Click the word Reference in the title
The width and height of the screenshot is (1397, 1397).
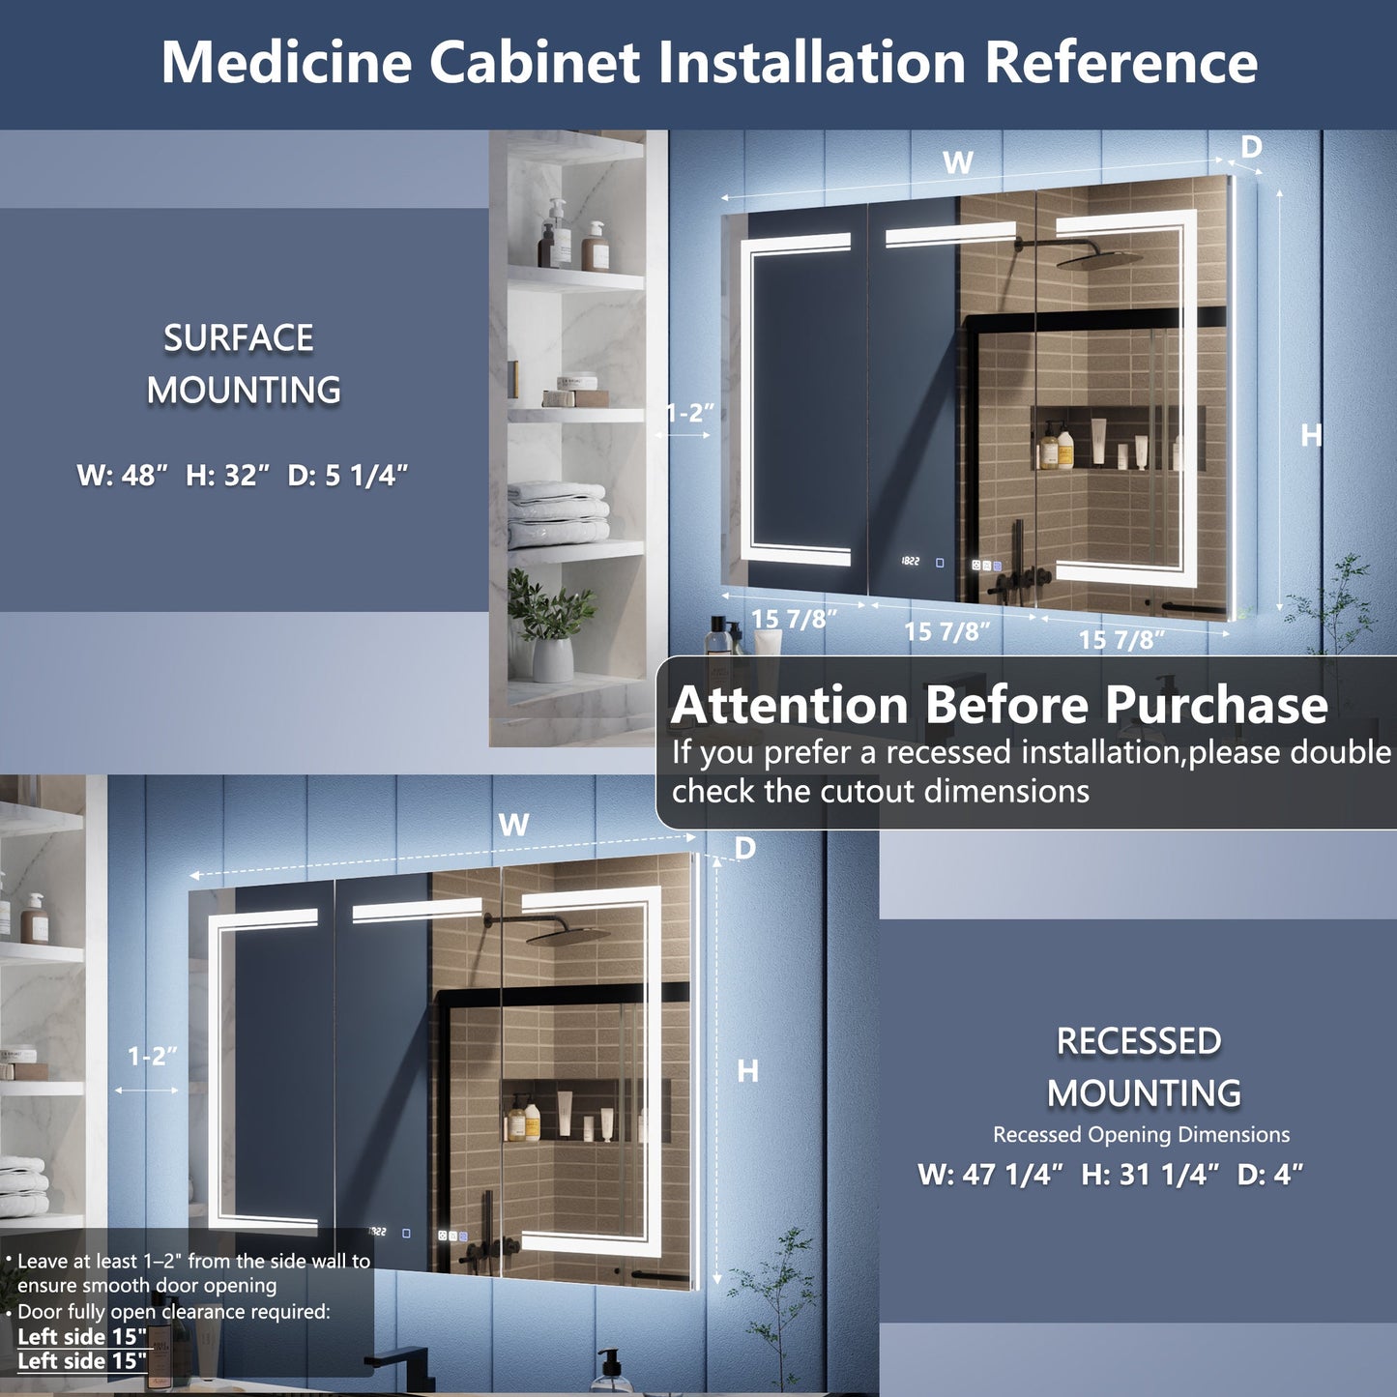coord(1121,62)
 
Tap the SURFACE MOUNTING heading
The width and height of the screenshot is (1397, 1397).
coord(242,364)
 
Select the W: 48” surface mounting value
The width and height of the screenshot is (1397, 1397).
coord(122,475)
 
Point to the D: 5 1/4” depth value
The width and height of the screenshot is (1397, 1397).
coord(347,475)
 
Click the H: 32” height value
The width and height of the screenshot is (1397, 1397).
coord(228,475)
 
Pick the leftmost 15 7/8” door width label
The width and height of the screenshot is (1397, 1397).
coord(794,619)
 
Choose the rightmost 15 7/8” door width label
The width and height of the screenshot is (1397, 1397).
coord(1121,639)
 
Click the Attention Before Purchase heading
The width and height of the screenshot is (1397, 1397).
coord(999,704)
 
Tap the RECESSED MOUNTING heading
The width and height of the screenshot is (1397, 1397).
coord(1142,1066)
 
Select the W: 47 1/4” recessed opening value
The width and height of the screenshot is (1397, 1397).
coord(990,1174)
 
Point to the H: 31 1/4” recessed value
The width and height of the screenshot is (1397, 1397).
coord(1150,1174)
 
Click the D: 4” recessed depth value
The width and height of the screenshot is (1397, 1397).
coord(1270,1174)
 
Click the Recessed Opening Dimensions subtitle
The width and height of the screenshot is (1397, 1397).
coord(1141,1134)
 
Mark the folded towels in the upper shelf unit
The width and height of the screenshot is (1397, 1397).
coord(558,514)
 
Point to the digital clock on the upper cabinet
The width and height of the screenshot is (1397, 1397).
coord(911,561)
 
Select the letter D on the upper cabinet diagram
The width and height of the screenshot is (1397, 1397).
coord(1251,147)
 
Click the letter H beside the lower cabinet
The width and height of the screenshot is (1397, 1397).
coord(747,1070)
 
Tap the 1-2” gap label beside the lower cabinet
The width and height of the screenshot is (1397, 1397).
coord(152,1056)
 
